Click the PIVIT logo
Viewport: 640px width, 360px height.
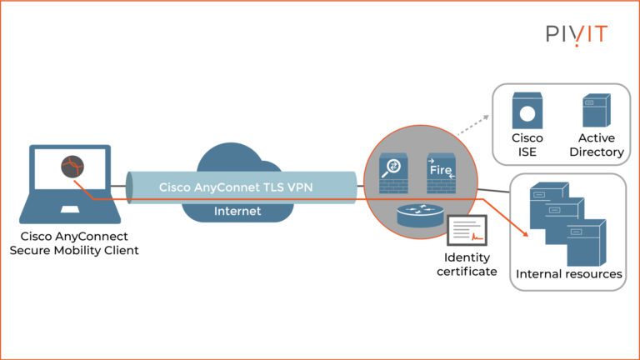pos(576,34)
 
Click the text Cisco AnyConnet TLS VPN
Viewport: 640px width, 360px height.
pos(236,187)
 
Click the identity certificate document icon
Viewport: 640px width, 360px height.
pos(467,231)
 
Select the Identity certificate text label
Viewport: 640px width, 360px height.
pos(467,265)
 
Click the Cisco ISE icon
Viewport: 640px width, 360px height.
pos(527,112)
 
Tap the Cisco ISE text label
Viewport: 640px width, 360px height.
pos(527,145)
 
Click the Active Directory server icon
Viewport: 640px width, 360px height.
pos(596,112)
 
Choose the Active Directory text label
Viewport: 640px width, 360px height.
pos(596,145)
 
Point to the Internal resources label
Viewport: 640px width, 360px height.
pos(568,274)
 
